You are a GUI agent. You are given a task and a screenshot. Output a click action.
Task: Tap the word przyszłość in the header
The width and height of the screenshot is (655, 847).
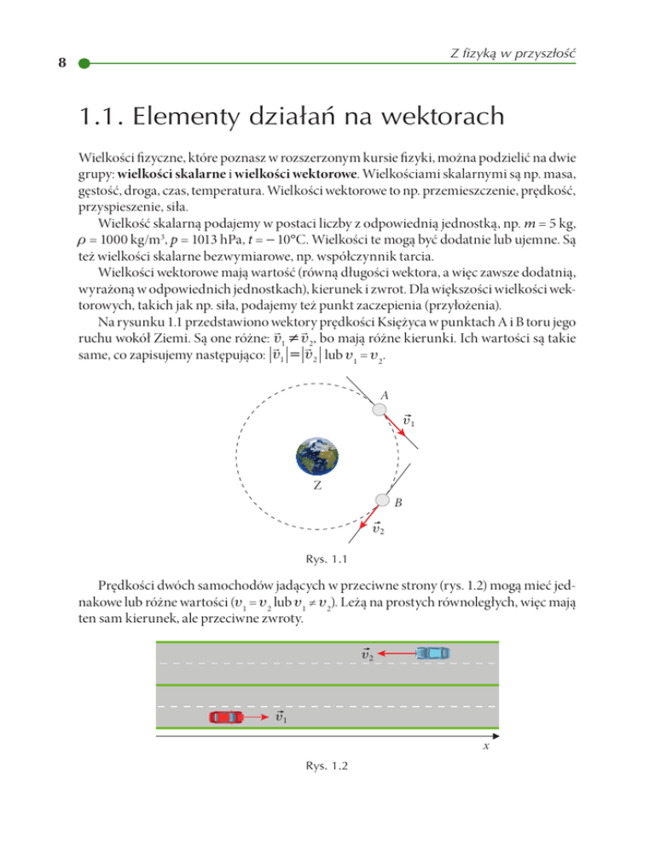pyautogui.click(x=542, y=54)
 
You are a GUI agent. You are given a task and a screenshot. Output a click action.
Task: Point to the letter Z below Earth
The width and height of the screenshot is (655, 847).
pyautogui.click(x=316, y=487)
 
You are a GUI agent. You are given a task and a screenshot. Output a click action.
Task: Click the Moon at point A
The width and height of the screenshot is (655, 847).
pyautogui.click(x=378, y=410)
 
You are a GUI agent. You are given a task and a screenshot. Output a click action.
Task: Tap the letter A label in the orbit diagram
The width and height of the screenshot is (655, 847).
pyautogui.click(x=386, y=395)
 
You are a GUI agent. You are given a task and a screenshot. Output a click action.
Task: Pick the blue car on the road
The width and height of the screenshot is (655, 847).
pyautogui.click(x=432, y=653)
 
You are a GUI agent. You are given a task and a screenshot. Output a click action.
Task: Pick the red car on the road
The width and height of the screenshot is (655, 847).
pyautogui.click(x=226, y=717)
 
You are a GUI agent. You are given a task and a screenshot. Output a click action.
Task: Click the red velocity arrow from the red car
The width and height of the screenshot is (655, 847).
pyautogui.click(x=258, y=717)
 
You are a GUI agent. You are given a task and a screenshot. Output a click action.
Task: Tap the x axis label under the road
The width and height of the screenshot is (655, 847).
pyautogui.click(x=484, y=746)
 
